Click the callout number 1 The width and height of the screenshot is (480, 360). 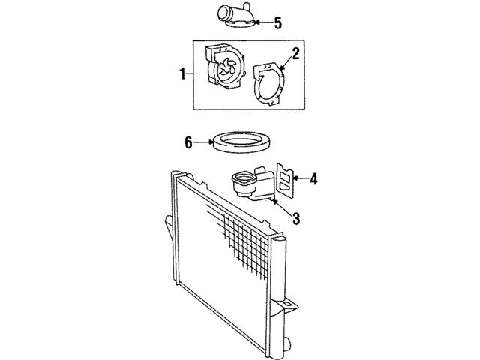pos(181,73)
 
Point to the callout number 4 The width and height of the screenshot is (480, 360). pos(313,178)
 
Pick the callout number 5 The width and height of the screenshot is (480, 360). pos(277,22)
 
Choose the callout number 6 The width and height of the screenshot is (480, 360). pos(190,140)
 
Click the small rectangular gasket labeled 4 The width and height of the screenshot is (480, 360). pos(283,178)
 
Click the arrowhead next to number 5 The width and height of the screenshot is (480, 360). pos(257,22)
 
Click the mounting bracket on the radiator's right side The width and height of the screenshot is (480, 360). pos(289,305)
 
